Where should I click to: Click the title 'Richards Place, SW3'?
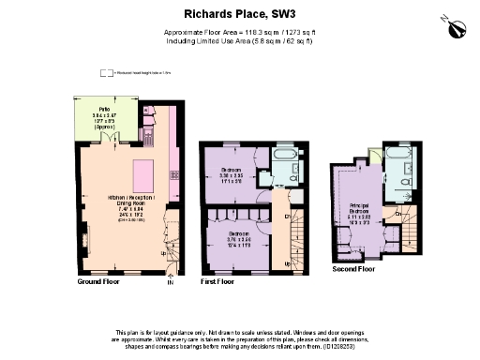[239, 14]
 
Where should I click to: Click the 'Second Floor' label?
[354, 268]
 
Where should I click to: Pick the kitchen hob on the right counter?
[174, 174]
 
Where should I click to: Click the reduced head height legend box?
[106, 72]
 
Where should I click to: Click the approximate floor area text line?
[239, 33]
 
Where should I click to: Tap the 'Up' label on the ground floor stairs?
[166, 253]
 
